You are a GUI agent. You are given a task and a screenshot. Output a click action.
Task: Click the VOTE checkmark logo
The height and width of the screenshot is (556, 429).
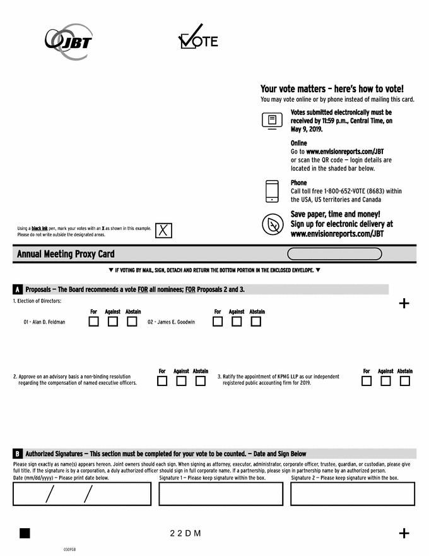tap(198, 38)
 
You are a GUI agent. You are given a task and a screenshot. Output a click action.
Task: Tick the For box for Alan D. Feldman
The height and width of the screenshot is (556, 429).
tap(94, 322)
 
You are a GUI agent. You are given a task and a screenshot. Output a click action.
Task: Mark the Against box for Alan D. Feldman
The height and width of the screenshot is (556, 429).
tap(113, 322)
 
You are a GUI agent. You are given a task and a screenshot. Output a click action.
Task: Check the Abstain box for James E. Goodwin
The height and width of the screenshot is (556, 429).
tap(256, 322)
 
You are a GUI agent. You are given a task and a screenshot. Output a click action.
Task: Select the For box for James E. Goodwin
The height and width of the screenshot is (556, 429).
tap(218, 322)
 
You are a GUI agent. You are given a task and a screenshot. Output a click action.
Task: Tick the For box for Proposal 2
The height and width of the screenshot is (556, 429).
tap(162, 381)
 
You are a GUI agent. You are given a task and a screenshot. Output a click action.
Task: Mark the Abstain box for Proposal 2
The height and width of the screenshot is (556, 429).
tap(201, 381)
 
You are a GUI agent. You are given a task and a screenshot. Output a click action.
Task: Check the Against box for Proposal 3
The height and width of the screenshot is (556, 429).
tap(385, 381)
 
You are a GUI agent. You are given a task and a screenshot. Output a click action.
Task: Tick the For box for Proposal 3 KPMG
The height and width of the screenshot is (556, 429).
tap(367, 381)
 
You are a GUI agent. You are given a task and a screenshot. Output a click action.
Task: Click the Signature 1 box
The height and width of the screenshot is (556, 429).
tap(221, 493)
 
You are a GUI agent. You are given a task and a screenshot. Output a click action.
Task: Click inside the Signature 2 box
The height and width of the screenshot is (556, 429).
tap(353, 493)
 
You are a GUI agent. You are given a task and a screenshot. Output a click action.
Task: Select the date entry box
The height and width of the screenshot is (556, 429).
tap(82, 493)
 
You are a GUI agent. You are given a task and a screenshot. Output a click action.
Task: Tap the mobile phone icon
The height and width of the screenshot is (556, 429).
tap(272, 191)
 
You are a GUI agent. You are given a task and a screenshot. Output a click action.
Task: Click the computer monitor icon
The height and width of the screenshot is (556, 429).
tap(272, 121)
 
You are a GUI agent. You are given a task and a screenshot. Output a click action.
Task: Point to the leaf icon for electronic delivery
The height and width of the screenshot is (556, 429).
tap(273, 224)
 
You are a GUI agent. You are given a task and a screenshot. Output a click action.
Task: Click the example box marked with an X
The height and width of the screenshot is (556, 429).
tap(163, 231)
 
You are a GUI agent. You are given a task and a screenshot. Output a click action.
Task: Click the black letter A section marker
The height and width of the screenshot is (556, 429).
tap(18, 290)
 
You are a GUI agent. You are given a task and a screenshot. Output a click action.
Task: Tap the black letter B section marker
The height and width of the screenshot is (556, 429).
tap(18, 454)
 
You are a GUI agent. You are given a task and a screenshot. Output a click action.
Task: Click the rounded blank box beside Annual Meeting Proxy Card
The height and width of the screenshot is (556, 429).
tap(334, 254)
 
